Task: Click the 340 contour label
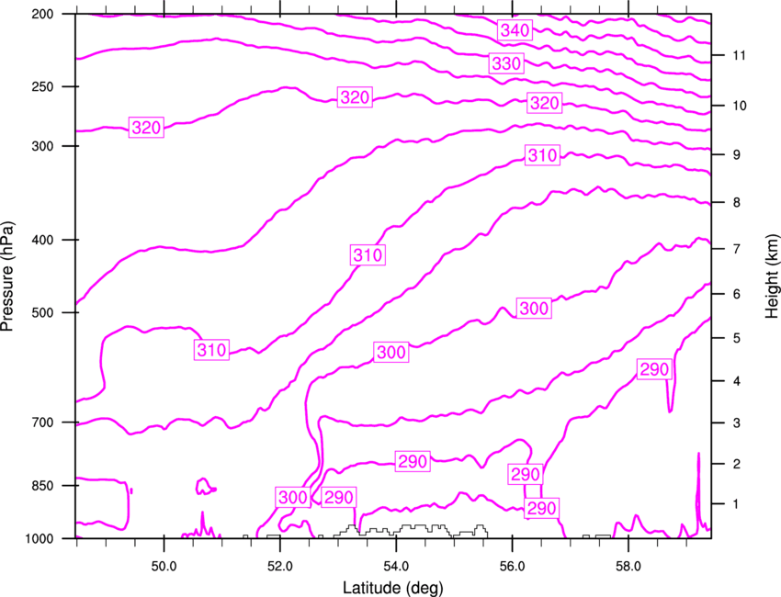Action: [515, 30]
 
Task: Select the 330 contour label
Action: [506, 63]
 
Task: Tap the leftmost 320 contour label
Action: [146, 128]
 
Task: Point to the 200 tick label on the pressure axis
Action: [42, 14]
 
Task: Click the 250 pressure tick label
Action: [42, 86]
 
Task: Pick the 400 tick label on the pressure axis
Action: [42, 240]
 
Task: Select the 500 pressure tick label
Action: [42, 312]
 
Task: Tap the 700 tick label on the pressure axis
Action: [42, 422]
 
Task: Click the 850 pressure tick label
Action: [42, 486]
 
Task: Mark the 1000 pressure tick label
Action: [39, 538]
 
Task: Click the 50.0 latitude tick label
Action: [164, 567]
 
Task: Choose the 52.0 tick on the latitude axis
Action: [280, 567]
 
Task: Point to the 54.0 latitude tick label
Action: [396, 567]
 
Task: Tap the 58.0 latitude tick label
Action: [628, 567]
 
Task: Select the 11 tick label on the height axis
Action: [740, 55]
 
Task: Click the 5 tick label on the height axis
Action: [737, 338]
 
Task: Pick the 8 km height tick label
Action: [737, 202]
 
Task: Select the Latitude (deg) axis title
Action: [393, 588]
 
